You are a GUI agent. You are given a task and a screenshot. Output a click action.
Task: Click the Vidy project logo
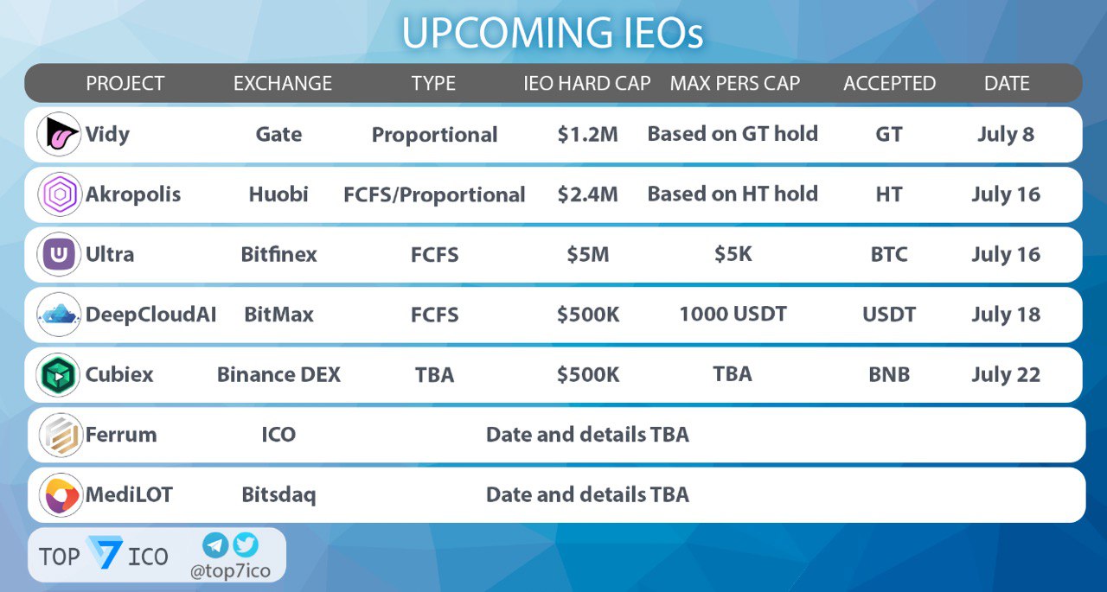click(x=59, y=134)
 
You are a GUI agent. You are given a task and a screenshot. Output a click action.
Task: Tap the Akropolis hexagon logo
click(x=59, y=194)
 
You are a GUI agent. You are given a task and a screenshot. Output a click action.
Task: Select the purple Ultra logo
click(x=59, y=254)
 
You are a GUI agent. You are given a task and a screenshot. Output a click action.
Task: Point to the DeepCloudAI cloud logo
click(x=59, y=315)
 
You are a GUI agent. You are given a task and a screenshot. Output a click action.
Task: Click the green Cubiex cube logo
click(x=58, y=375)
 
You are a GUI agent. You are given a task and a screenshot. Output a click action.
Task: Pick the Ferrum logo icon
click(x=61, y=435)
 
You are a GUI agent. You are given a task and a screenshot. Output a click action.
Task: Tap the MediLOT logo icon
click(x=61, y=495)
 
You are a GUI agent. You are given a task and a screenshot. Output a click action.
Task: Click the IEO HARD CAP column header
click(x=587, y=84)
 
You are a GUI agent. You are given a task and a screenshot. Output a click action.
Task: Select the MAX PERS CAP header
click(x=735, y=84)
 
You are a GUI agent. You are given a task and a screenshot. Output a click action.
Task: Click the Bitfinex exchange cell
click(x=278, y=254)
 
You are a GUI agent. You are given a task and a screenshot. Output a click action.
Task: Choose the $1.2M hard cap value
click(x=587, y=134)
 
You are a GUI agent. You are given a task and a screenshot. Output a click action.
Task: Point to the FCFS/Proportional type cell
click(x=434, y=194)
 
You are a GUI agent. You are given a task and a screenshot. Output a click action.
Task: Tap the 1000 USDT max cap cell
click(x=733, y=314)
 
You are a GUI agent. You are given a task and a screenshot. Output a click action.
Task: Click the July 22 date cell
click(x=1006, y=375)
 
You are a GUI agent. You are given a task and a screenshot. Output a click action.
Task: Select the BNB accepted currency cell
click(x=889, y=375)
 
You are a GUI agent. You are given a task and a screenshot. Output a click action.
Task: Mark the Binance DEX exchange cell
click(x=278, y=375)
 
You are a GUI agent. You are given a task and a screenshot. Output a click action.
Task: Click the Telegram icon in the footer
click(x=215, y=545)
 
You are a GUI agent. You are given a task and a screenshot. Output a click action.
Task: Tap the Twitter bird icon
click(x=246, y=544)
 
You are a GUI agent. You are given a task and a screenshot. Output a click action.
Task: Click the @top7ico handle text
click(x=230, y=571)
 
